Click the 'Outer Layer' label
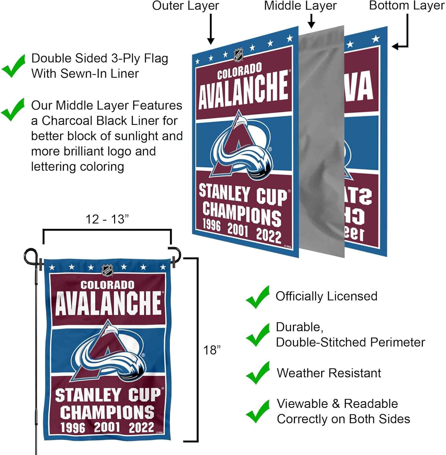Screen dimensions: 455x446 click(185, 6)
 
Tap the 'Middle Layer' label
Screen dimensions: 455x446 click(300, 6)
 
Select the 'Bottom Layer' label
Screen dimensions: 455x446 click(407, 6)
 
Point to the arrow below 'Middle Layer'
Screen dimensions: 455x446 click(311, 21)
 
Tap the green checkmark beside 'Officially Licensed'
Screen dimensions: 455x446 click(257, 297)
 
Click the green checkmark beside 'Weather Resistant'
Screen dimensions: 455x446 click(257, 373)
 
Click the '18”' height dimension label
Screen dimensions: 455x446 click(212, 350)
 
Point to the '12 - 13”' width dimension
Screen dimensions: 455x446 click(107, 219)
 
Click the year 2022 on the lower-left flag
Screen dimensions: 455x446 click(141, 427)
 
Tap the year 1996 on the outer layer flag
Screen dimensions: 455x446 click(211, 225)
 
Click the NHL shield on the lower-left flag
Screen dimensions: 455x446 click(107, 270)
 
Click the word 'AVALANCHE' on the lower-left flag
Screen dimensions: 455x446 click(108, 303)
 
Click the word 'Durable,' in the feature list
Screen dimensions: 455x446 click(299, 327)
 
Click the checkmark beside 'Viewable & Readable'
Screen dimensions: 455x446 click(257, 412)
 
